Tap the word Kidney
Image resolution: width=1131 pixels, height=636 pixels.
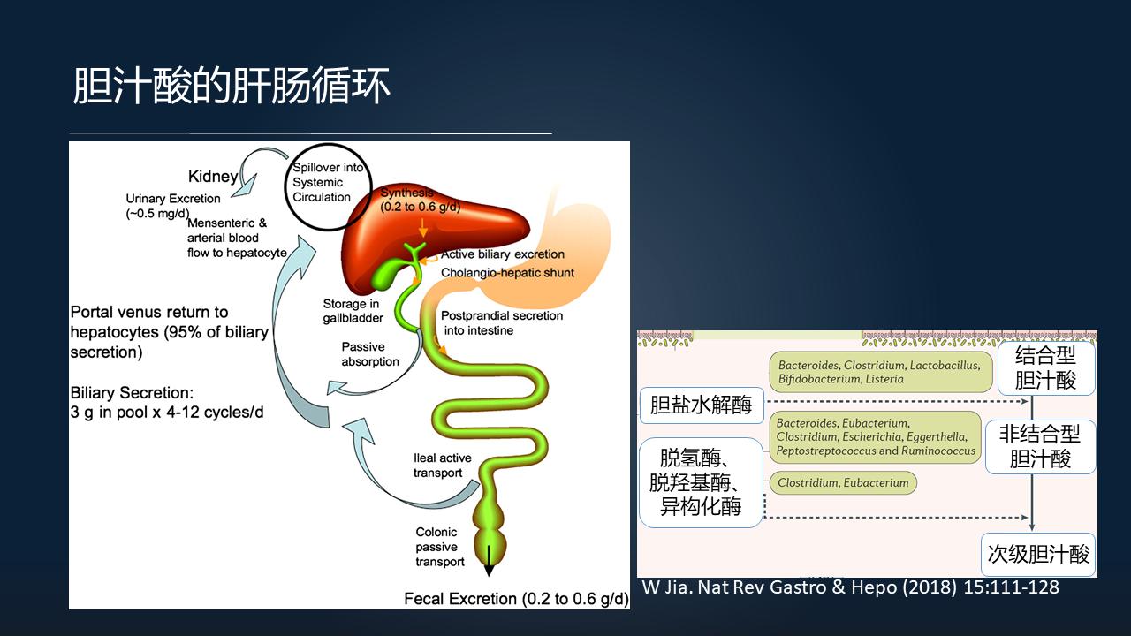[x=213, y=177]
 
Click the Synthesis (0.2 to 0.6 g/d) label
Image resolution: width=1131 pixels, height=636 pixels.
[x=420, y=201]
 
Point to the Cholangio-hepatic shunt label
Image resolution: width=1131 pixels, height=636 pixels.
[x=507, y=272]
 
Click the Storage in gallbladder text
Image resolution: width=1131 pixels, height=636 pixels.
[x=351, y=311]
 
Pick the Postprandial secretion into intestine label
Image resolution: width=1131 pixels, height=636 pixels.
[x=502, y=322]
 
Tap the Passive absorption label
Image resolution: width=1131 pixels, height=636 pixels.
[x=370, y=354]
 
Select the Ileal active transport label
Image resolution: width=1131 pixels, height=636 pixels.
[x=442, y=466]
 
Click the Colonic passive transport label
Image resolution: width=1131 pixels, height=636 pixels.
[x=440, y=547]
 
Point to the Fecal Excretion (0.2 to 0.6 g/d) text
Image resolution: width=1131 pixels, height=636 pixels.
[x=516, y=599]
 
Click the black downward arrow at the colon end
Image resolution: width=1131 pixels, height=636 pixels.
[x=489, y=561]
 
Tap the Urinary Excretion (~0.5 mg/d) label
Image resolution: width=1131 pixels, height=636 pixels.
[x=173, y=206]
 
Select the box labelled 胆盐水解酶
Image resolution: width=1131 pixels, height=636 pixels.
[x=701, y=405]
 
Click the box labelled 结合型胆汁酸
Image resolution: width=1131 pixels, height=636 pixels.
[x=1045, y=367]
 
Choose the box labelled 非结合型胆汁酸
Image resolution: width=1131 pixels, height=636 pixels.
[x=1040, y=446]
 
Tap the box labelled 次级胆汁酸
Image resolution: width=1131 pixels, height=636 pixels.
[x=1038, y=555]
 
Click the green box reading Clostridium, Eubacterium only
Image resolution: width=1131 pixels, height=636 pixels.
[x=843, y=483]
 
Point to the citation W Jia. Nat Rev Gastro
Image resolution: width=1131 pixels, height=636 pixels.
[x=849, y=587]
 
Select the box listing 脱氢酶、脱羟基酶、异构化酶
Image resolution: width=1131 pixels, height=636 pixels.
[x=701, y=482]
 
